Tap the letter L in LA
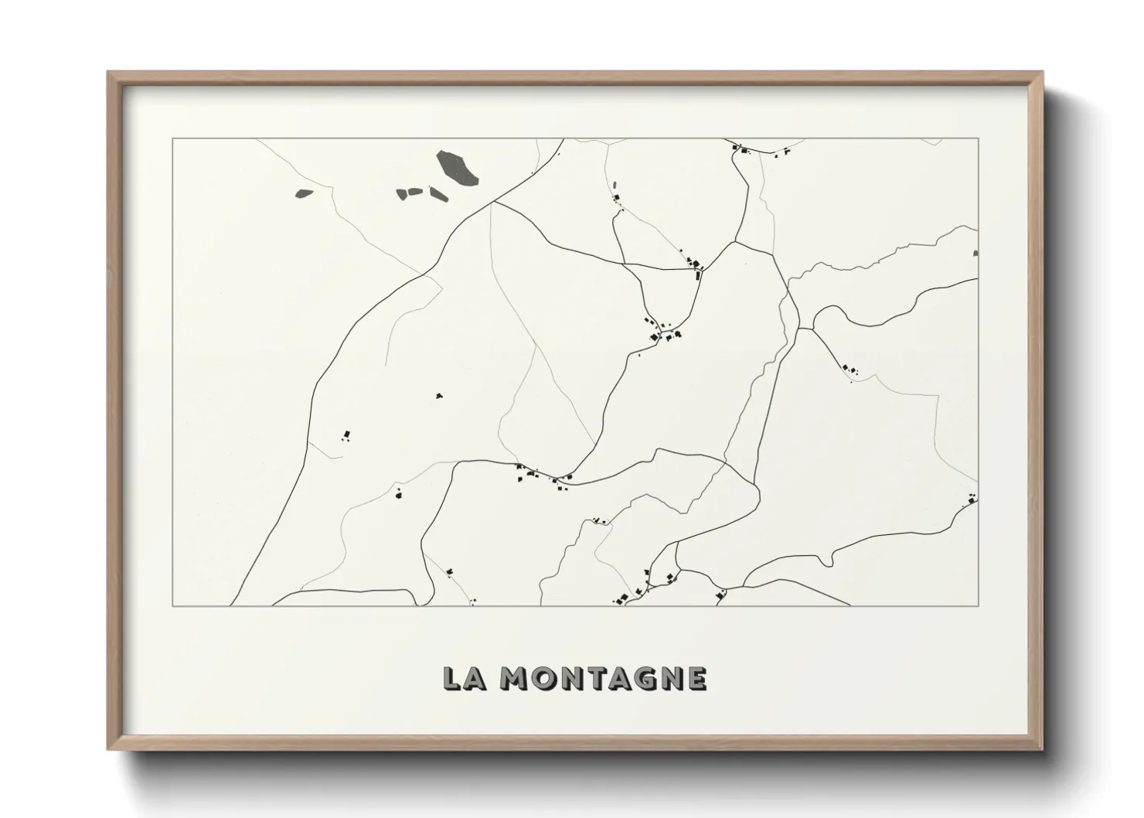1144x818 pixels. pyautogui.click(x=452, y=678)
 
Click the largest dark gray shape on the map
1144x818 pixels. pyautogui.click(x=457, y=168)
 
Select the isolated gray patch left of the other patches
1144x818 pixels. pyautogui.click(x=304, y=194)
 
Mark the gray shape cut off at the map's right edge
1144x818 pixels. pyautogui.click(x=975, y=252)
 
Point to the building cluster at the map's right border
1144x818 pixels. pyautogui.click(x=970, y=500)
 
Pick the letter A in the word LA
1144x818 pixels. pyautogui.click(x=475, y=678)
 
